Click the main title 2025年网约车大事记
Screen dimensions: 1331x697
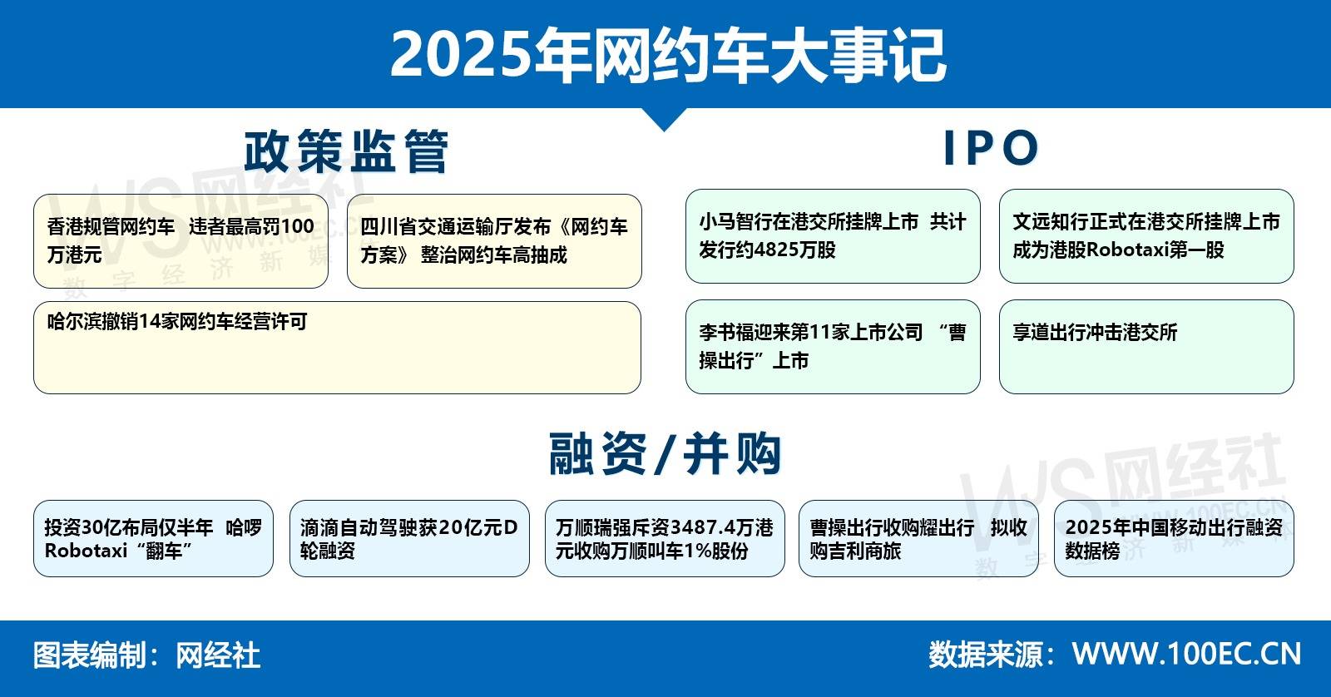668,55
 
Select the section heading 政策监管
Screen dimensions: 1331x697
346,151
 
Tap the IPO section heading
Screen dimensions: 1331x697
991,147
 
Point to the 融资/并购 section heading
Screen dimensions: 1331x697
665,454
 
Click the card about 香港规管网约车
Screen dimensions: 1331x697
181,241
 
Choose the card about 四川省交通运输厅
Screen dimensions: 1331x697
494,241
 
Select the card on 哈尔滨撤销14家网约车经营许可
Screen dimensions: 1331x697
337,348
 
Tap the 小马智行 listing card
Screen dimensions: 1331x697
833,236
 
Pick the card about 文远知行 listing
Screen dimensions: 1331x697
1146,236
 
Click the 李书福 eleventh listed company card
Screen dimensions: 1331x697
833,346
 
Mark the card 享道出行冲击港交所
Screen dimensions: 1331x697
1146,346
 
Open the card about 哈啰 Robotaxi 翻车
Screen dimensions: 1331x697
153,538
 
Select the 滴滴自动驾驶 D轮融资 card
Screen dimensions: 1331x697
409,538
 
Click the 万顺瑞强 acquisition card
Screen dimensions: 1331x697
665,538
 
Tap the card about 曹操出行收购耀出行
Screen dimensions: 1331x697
918,538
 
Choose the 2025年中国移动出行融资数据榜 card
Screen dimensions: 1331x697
1174,538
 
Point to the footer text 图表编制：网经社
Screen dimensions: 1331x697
146,655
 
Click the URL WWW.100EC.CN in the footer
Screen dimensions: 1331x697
1186,654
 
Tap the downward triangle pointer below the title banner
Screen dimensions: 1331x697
665,117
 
